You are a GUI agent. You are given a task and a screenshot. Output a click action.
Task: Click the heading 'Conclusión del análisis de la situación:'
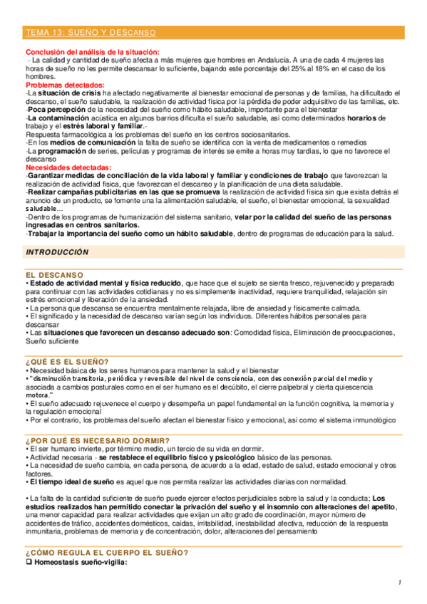[93, 52]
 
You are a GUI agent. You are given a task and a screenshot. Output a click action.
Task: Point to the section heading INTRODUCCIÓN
[57, 252]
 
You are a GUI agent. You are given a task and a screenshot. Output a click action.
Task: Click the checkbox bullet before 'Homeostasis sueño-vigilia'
[29, 562]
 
